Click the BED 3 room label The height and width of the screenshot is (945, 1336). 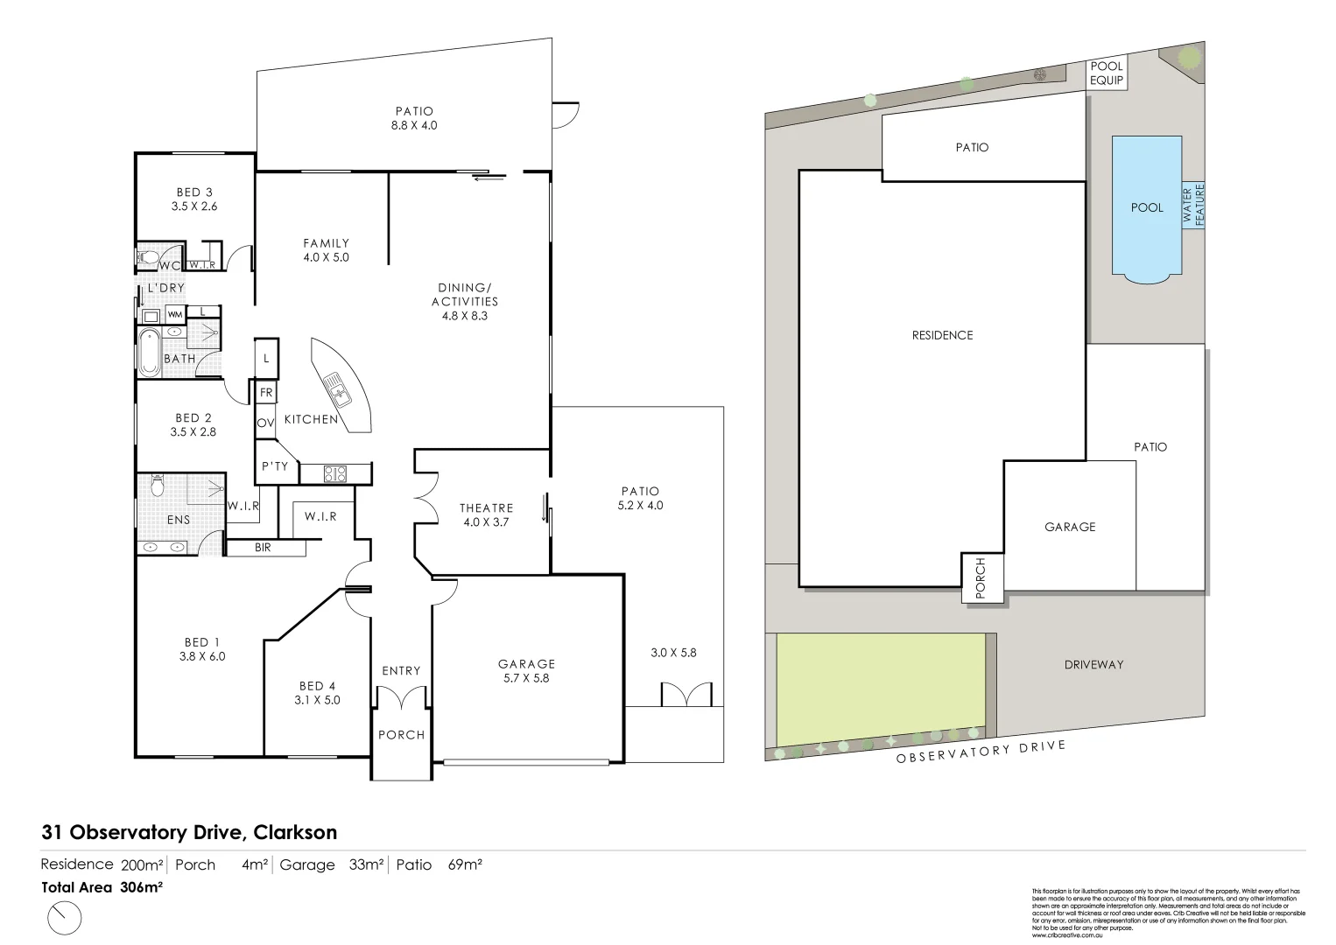pyautogui.click(x=194, y=199)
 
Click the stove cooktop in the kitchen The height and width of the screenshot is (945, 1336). pyautogui.click(x=335, y=474)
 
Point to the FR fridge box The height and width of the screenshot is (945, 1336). pyautogui.click(x=266, y=393)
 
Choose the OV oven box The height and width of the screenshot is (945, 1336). pyautogui.click(x=266, y=423)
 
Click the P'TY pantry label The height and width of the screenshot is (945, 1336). pyautogui.click(x=275, y=466)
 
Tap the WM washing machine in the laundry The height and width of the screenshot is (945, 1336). pyautogui.click(x=175, y=314)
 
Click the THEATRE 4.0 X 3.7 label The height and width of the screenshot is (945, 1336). pyautogui.click(x=486, y=514)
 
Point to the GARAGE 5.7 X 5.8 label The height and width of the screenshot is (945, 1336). pyautogui.click(x=526, y=671)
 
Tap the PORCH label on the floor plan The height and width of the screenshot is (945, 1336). pyautogui.click(x=401, y=735)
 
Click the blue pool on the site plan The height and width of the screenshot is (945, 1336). pyautogui.click(x=1147, y=207)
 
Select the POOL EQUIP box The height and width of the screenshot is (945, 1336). pyautogui.click(x=1106, y=73)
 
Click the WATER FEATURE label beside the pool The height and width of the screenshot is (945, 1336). pyautogui.click(x=1194, y=205)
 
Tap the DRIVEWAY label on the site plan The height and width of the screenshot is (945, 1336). pyautogui.click(x=1093, y=664)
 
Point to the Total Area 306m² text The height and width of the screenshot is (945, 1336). pyautogui.click(x=102, y=886)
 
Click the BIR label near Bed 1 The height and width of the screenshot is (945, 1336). pyautogui.click(x=263, y=548)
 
